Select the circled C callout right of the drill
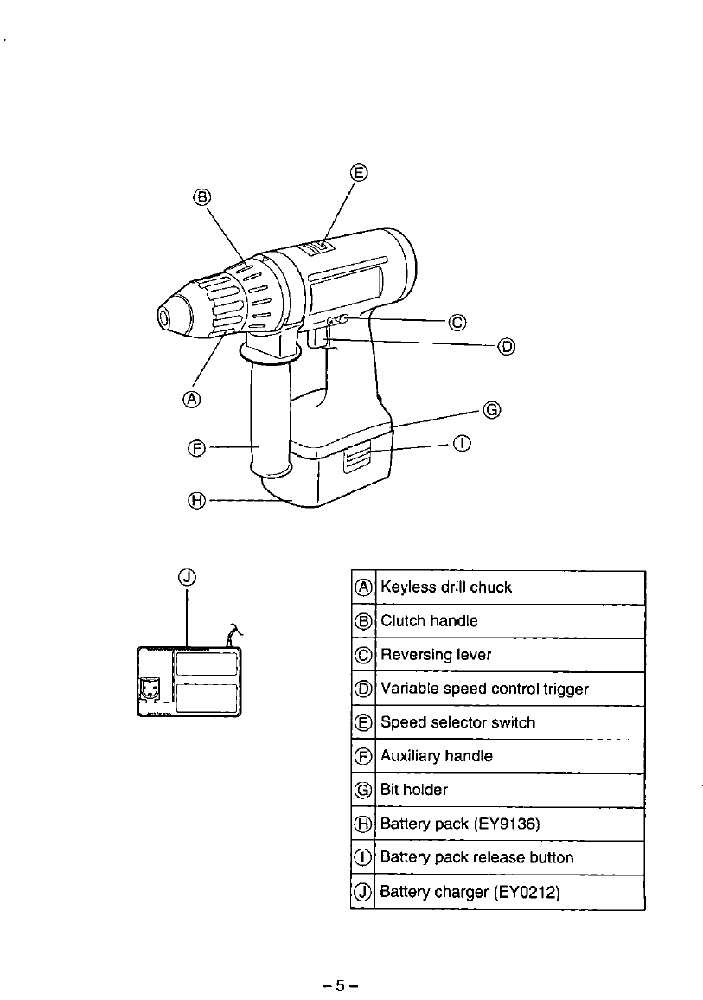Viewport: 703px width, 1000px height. tap(457, 323)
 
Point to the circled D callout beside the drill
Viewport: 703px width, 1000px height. tap(506, 347)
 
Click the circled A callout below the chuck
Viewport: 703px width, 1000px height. tap(192, 399)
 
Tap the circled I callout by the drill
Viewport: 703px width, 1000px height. tap(463, 444)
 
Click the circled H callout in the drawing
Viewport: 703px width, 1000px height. tap(198, 499)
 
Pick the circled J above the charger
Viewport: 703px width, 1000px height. tap(189, 577)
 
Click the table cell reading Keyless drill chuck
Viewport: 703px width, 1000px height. tap(446, 587)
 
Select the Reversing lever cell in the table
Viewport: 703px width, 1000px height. tap(436, 655)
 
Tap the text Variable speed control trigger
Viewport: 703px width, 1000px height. tap(484, 689)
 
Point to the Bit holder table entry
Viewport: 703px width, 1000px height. tap(414, 790)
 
